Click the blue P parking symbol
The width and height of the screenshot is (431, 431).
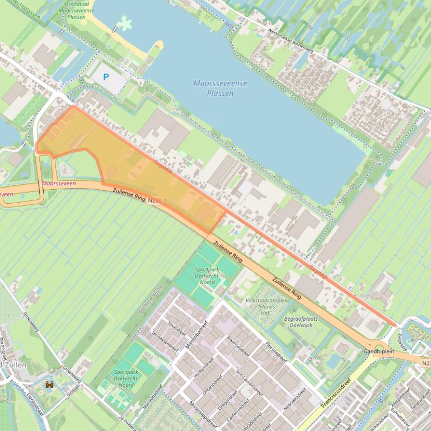click(105, 77)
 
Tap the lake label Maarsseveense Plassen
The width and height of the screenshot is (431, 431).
click(220, 88)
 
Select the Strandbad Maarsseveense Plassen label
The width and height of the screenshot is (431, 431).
click(76, 11)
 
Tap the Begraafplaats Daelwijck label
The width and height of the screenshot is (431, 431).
click(301, 322)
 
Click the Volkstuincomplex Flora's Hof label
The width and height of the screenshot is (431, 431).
click(266, 306)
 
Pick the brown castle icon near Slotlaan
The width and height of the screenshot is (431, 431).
click(50, 385)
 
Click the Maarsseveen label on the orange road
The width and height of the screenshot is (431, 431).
click(59, 183)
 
